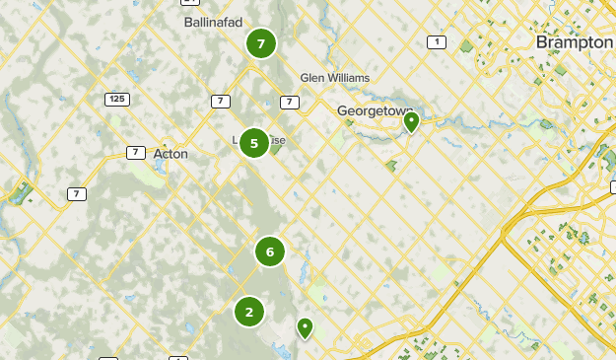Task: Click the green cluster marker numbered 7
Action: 260,43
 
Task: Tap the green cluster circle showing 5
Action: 254,144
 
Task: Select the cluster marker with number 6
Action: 270,252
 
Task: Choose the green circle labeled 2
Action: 249,312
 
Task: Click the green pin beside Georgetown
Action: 411,121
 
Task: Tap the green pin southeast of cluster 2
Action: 306,326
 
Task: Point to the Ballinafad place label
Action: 213,22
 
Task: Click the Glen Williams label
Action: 334,78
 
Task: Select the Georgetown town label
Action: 373,111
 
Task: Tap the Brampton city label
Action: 574,43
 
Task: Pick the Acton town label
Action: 171,154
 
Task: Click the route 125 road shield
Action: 117,100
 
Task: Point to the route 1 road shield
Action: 437,41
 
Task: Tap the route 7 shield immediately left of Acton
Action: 135,152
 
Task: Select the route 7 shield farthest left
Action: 77,194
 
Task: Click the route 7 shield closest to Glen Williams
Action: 289,102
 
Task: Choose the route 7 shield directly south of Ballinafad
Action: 220,101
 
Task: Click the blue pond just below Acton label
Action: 158,166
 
